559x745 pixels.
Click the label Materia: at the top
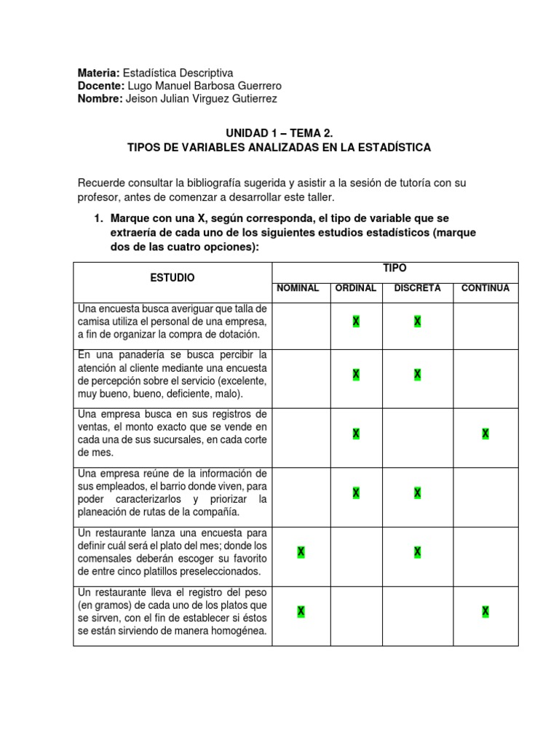pyautogui.click(x=99, y=73)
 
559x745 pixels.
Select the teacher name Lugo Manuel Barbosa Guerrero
pyautogui.click(x=204, y=86)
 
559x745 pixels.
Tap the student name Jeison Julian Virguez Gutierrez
pyautogui.click(x=202, y=99)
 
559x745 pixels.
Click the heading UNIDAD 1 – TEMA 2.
pyautogui.click(x=279, y=134)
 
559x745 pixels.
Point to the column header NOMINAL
pyautogui.click(x=298, y=288)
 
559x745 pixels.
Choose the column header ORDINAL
pyautogui.click(x=355, y=288)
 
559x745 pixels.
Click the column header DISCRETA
pyautogui.click(x=417, y=288)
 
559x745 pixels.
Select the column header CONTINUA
pyautogui.click(x=485, y=288)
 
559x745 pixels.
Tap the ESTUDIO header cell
pyautogui.click(x=173, y=278)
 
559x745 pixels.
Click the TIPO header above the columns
pyautogui.click(x=395, y=268)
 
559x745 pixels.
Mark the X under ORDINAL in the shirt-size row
pyautogui.click(x=356, y=322)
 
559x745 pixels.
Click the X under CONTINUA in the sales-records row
pyautogui.click(x=485, y=434)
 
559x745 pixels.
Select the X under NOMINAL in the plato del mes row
pyautogui.click(x=301, y=552)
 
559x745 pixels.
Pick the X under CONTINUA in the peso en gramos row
pyautogui.click(x=485, y=611)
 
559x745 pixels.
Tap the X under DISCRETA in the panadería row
pyautogui.click(x=418, y=374)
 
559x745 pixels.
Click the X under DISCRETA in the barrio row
pyautogui.click(x=418, y=493)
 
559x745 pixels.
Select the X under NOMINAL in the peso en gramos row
pyautogui.click(x=301, y=611)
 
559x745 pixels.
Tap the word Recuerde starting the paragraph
pyautogui.click(x=103, y=183)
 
